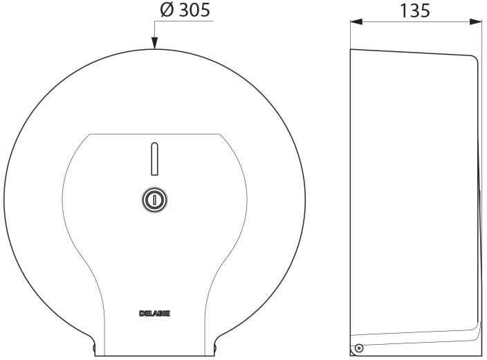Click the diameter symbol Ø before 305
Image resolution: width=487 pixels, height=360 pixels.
coord(167,10)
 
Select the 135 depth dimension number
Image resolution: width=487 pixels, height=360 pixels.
coord(415,10)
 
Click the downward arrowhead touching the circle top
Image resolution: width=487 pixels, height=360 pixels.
coord(154,43)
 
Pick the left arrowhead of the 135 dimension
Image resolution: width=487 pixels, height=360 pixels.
coord(356,21)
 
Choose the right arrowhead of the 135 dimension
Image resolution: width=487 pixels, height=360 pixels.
coord(476,21)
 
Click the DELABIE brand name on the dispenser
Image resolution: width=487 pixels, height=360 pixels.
coord(154,314)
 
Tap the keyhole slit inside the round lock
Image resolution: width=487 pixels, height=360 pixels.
coord(154,199)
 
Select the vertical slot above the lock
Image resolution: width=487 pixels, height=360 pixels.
coord(154,159)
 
